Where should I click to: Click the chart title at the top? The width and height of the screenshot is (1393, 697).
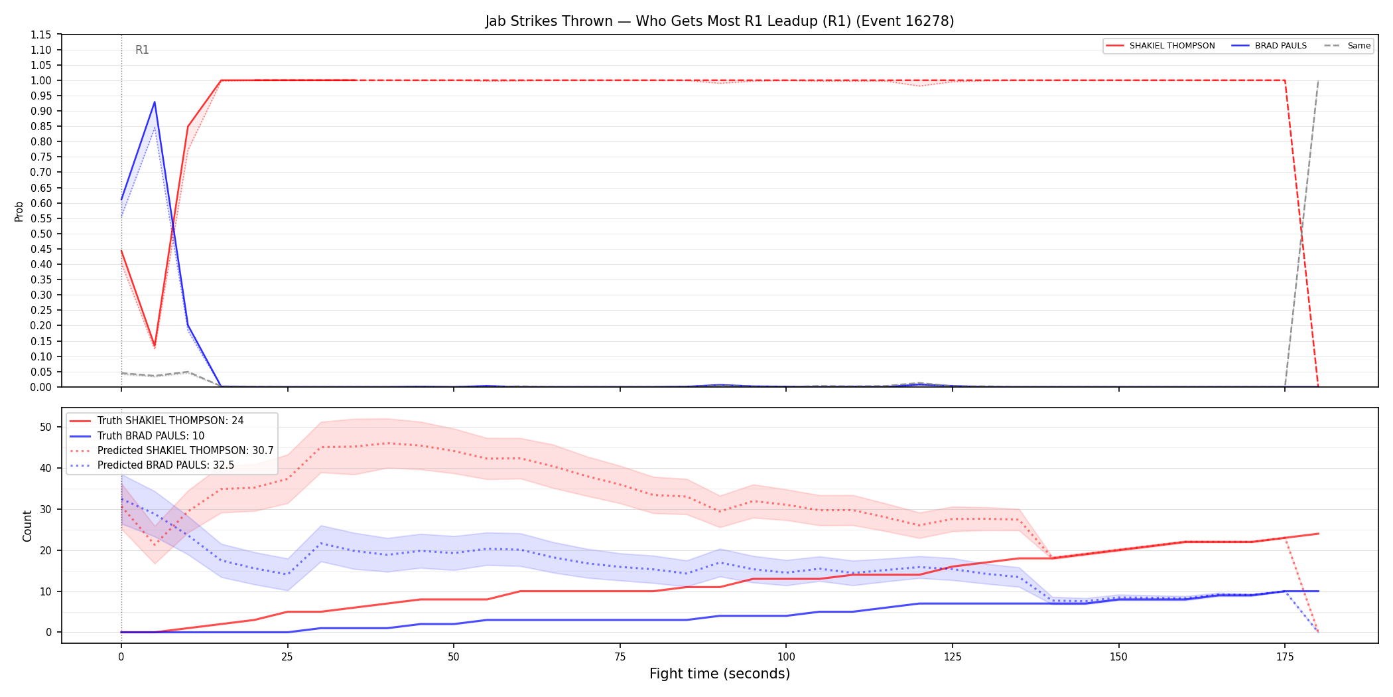(x=720, y=21)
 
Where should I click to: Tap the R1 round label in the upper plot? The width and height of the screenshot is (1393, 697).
(x=142, y=50)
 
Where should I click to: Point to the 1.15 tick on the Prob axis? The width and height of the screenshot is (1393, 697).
(x=41, y=35)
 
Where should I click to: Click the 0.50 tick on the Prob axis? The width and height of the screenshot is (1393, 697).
(x=41, y=234)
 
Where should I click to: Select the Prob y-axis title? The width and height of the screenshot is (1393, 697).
(x=19, y=211)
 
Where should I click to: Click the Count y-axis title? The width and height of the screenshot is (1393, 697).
(x=27, y=526)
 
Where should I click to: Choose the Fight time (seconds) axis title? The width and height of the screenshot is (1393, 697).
(x=720, y=674)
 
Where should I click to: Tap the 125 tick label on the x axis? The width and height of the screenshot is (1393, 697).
(x=952, y=657)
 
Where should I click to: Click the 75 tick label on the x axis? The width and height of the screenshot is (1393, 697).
(x=620, y=657)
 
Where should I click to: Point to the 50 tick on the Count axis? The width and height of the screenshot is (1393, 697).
(x=46, y=427)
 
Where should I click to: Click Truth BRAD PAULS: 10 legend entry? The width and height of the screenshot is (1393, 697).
(x=137, y=436)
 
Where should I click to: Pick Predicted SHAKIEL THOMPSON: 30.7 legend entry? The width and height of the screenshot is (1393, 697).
(x=172, y=451)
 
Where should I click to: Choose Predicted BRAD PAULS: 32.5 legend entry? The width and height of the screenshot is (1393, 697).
(x=152, y=465)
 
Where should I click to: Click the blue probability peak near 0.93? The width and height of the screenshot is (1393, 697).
(x=155, y=102)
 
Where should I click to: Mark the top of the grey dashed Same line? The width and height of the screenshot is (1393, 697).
(x=1318, y=80)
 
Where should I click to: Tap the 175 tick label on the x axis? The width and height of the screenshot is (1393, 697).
(x=1285, y=657)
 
